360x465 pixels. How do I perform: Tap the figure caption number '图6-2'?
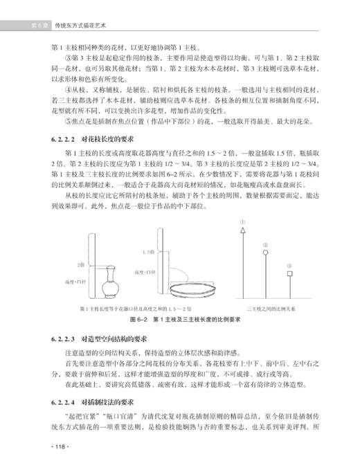[x=141, y=320]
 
